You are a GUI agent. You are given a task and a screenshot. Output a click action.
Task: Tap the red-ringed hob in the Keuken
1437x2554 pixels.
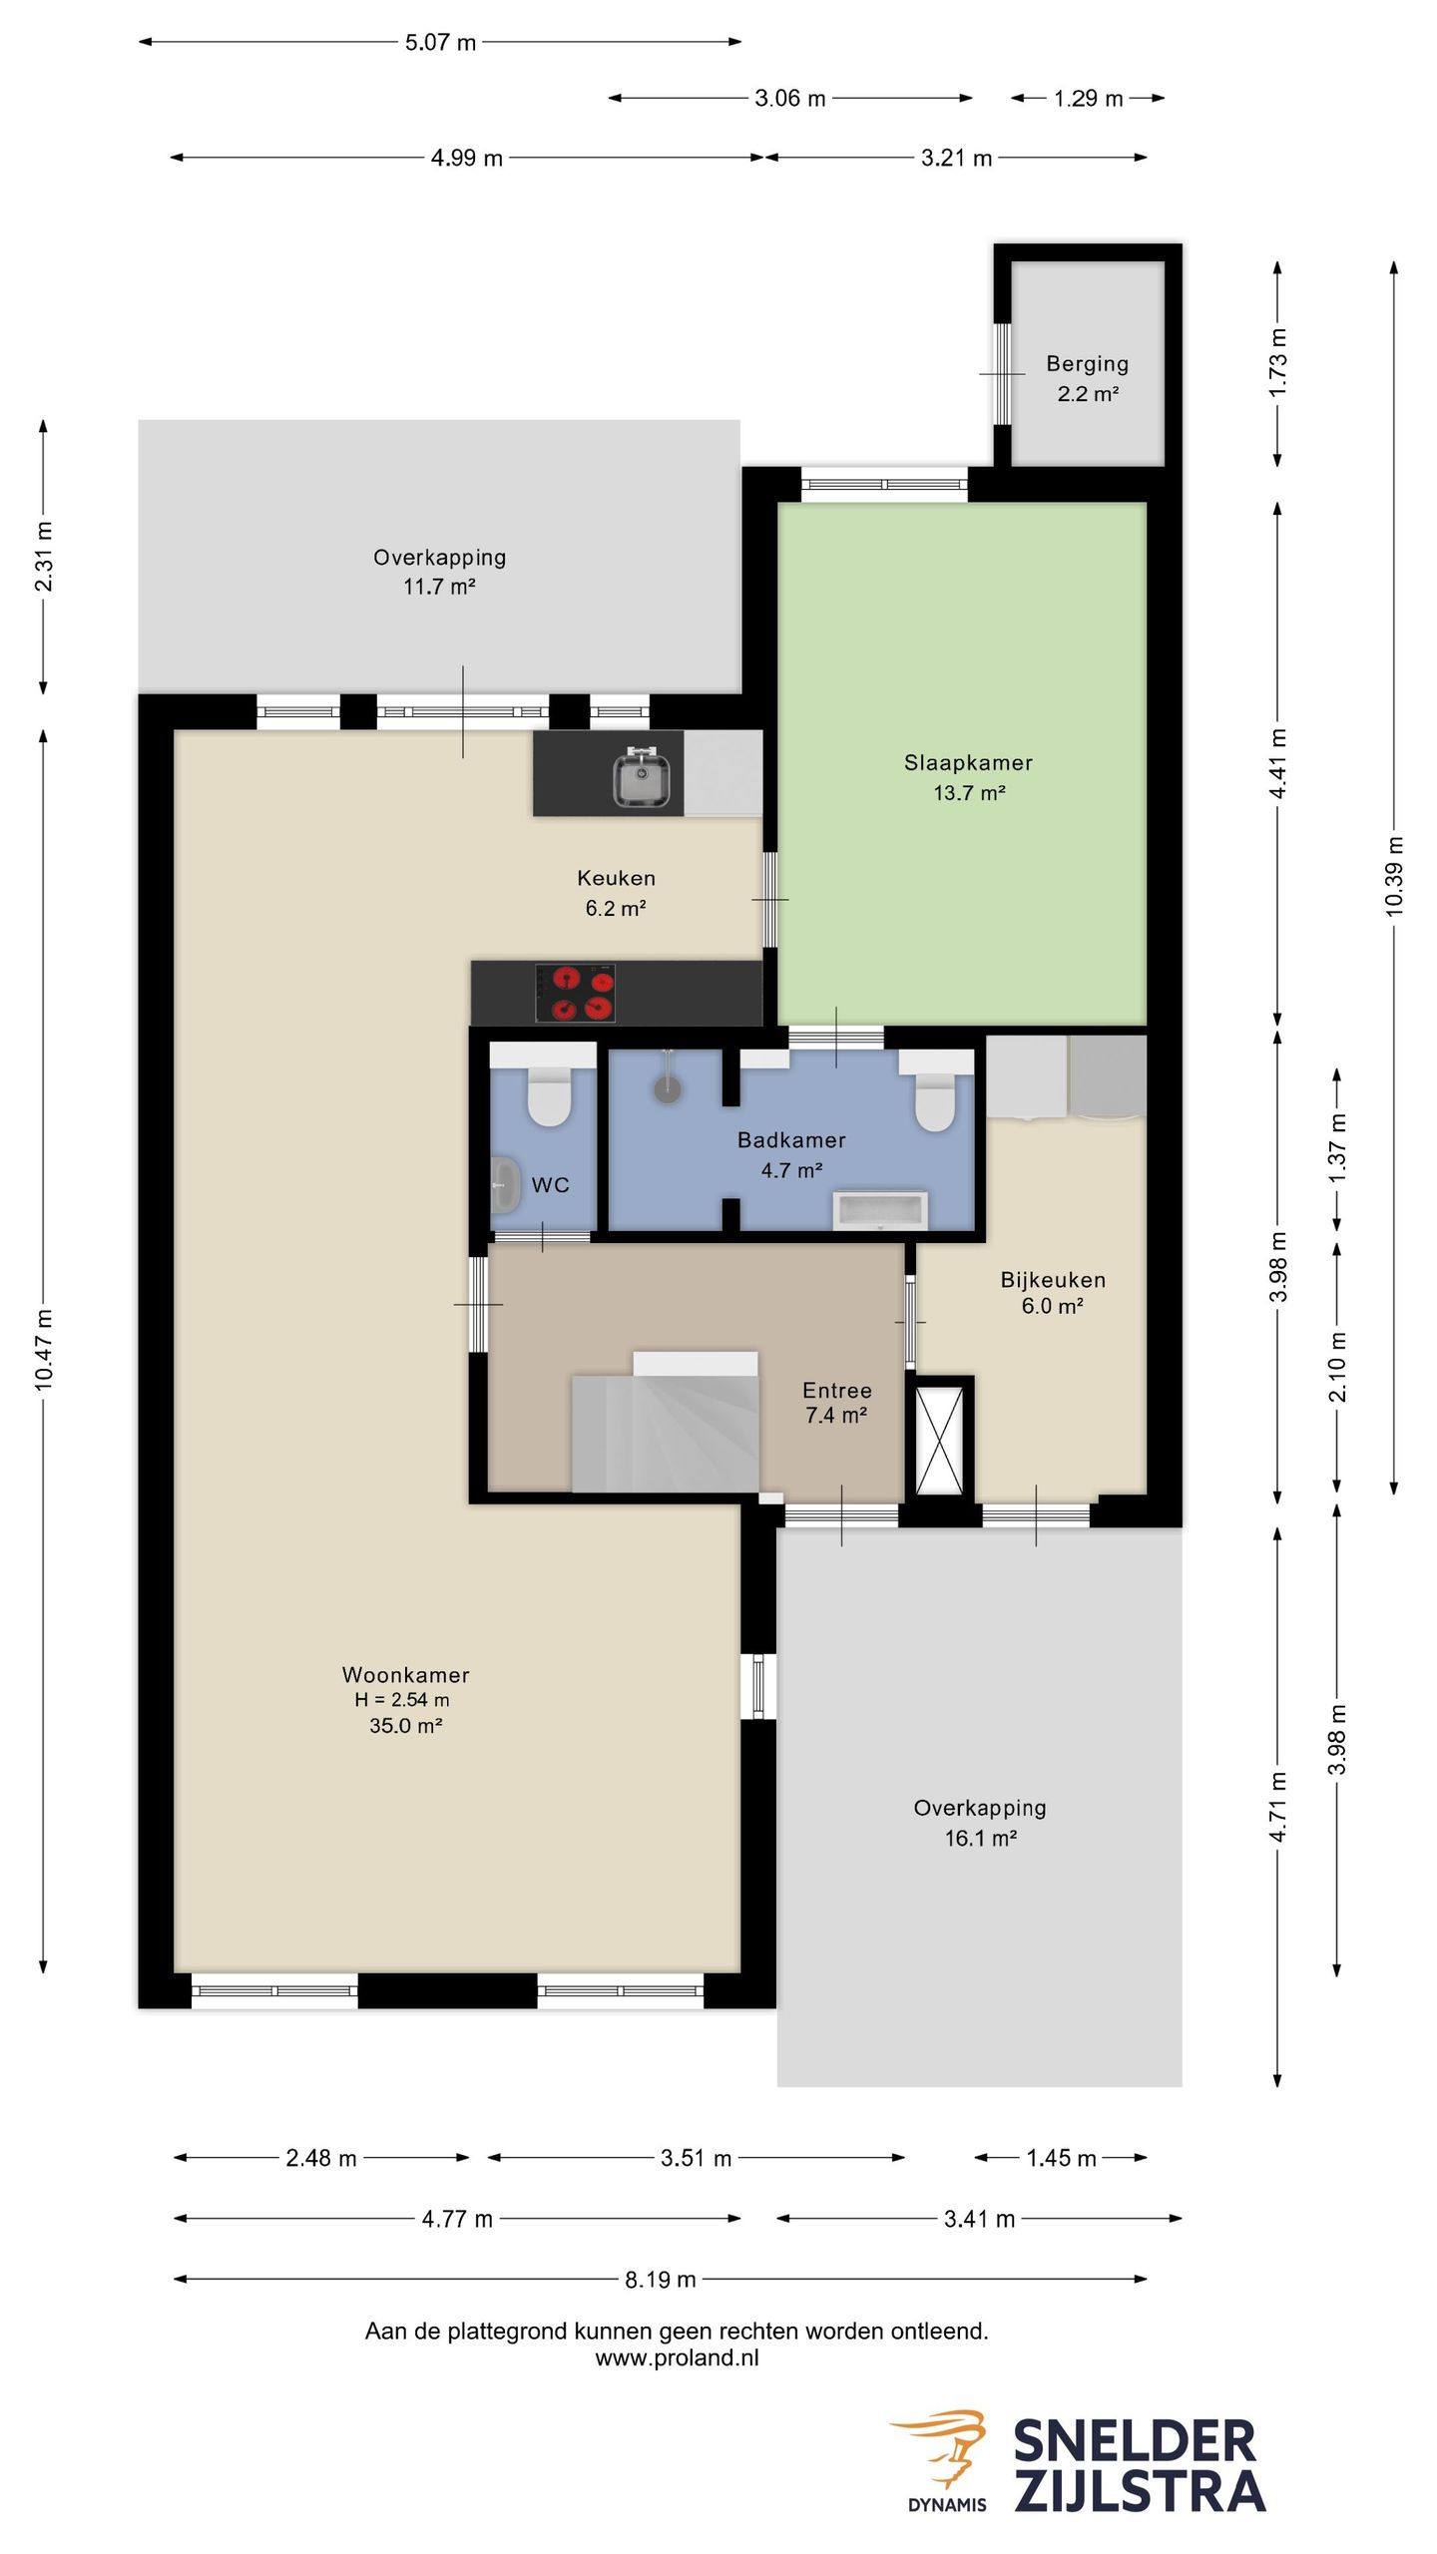coord(576,993)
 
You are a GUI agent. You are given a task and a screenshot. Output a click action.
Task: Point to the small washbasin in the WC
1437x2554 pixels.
coord(505,1184)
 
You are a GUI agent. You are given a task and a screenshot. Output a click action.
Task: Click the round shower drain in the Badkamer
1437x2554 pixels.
coord(668,1089)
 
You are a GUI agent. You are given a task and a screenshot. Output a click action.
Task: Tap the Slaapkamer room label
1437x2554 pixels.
coord(968,763)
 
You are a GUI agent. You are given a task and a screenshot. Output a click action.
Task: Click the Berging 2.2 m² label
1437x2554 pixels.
coord(1087,378)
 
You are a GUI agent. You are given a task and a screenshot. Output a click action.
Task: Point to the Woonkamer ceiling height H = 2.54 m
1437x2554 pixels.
coord(402,1700)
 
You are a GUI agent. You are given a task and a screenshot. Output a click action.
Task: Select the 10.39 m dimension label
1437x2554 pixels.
coord(1394,876)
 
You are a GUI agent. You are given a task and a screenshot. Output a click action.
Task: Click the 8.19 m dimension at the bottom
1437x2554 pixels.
coord(660,2279)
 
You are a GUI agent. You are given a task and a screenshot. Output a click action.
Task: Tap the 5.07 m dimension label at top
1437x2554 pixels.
coord(440,43)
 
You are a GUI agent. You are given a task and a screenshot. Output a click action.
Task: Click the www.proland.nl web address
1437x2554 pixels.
coord(677,2357)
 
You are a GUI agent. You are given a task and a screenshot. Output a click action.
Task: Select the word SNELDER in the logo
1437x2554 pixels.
coord(1135,2442)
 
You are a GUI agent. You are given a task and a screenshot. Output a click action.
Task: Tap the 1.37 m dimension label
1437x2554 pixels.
coord(1337,1148)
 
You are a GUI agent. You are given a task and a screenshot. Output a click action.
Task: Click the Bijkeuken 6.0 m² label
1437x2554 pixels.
coord(1053,1293)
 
